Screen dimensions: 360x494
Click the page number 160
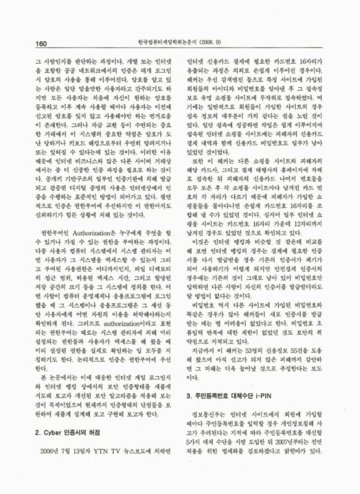tap(25, 43)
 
